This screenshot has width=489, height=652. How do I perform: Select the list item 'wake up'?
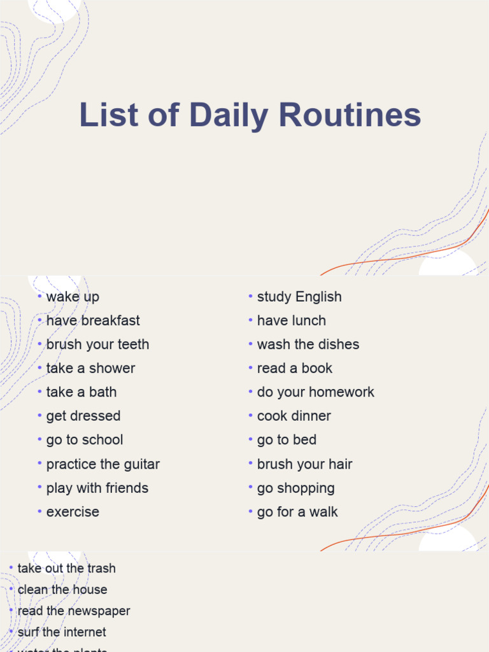[73, 297]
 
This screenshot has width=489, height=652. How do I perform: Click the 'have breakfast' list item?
[93, 320]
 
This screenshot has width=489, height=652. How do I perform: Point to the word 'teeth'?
[133, 344]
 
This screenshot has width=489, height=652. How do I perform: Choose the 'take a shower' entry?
[90, 368]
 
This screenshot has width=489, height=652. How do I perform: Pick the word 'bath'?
[103, 392]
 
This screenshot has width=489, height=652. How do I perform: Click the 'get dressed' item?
[83, 416]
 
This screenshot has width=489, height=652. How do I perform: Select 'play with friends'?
[97, 488]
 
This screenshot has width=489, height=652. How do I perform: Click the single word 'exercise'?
[73, 512]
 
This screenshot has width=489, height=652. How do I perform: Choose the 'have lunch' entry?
[291, 320]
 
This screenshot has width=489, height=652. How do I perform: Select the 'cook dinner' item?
[294, 416]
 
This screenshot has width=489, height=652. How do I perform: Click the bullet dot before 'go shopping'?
[251, 488]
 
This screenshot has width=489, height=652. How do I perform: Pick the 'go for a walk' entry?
[297, 512]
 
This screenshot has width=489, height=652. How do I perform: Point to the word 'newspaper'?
[99, 611]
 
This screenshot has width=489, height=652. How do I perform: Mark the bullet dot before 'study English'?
[251, 296]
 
